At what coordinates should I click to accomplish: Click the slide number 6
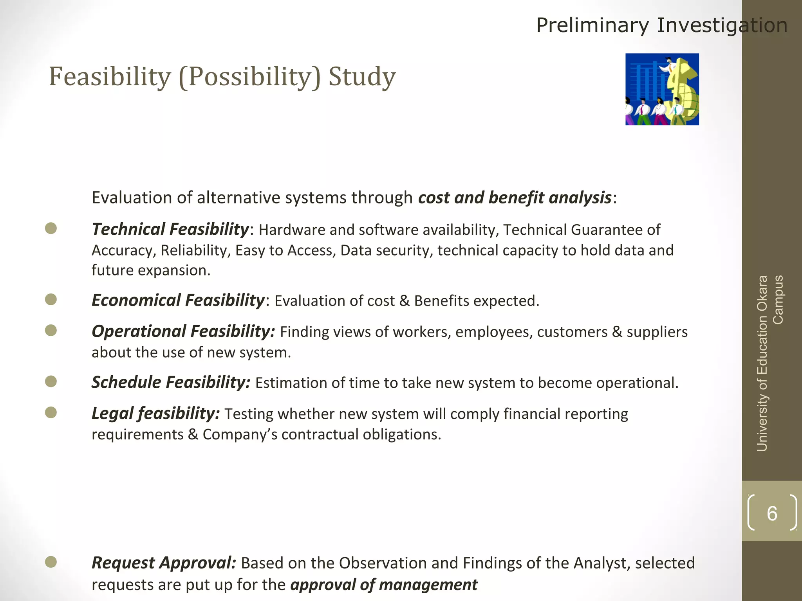[772, 513]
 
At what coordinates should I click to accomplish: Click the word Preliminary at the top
[592, 25]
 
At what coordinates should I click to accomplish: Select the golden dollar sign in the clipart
[683, 90]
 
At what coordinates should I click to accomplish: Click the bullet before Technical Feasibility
[51, 229]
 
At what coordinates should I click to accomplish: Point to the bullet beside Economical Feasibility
[51, 300]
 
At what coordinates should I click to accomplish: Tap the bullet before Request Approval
[51, 562]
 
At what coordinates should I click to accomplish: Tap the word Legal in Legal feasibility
[112, 413]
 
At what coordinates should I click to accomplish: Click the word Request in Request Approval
[123, 563]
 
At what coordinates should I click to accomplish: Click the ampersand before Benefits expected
[405, 301]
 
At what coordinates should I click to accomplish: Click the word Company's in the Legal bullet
[240, 434]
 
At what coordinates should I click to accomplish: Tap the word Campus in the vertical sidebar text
[778, 300]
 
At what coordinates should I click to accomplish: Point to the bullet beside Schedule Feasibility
[51, 381]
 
